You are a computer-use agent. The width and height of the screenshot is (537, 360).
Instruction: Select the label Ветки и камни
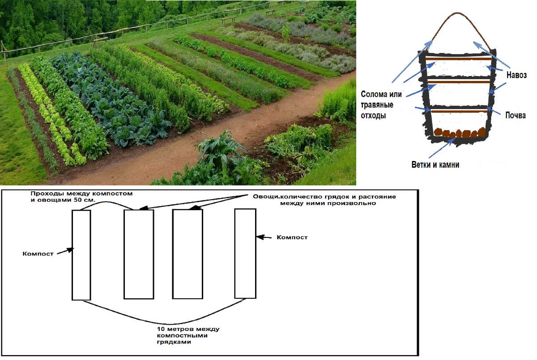pos(435,165)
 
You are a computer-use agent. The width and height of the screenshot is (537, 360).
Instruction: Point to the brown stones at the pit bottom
pos(459,133)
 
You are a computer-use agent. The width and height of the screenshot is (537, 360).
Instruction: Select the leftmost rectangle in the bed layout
pos(81,255)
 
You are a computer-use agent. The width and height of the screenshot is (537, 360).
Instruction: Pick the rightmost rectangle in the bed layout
pos(245,253)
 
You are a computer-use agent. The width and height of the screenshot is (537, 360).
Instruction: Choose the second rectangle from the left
pos(139,254)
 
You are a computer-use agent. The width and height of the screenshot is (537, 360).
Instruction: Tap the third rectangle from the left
pos(188,254)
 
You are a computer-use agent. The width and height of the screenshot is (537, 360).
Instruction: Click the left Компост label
pos(38,254)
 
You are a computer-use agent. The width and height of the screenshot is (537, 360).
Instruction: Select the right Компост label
pos(292,237)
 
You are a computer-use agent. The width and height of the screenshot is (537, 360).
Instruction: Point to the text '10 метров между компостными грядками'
pos(188,335)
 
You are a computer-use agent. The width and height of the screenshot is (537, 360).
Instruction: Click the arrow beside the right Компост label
pos(266,237)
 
